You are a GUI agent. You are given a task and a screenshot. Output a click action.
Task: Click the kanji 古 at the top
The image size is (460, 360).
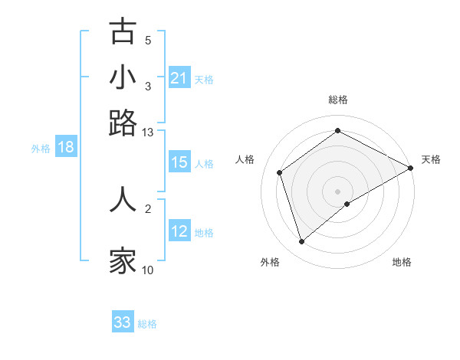click(123, 31)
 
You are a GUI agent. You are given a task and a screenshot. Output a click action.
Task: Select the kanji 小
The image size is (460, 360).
click(123, 77)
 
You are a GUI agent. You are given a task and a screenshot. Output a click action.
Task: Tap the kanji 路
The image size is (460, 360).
click(123, 123)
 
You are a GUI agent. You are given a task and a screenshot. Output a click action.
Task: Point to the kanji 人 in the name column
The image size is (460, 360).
click(123, 199)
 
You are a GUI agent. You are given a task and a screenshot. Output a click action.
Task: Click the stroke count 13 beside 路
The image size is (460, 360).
click(148, 133)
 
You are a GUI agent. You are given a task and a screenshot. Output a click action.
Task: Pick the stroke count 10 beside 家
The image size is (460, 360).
click(148, 270)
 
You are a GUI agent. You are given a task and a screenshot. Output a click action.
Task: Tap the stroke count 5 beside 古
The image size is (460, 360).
click(148, 41)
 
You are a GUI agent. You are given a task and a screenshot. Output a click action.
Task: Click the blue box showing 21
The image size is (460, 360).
click(179, 77)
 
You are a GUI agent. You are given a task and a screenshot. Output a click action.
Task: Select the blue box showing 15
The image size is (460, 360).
click(179, 162)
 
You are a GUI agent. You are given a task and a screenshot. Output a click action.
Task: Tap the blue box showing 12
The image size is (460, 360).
click(179, 231)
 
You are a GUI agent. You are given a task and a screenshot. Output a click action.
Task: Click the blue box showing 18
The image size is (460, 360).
click(66, 148)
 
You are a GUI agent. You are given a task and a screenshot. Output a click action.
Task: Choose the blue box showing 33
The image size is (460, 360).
click(123, 322)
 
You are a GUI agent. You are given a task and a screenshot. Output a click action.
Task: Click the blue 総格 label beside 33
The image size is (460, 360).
click(147, 324)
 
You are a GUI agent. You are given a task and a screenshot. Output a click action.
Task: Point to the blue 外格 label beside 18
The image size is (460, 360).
click(41, 149)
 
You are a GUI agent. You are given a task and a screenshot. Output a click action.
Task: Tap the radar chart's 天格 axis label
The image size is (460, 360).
click(431, 159)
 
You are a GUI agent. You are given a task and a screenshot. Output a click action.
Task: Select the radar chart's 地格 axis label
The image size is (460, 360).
click(402, 262)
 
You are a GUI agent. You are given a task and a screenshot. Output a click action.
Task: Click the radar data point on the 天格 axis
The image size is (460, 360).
click(411, 168)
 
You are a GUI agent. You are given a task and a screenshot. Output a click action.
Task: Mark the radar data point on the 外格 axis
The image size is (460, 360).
click(301, 242)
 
